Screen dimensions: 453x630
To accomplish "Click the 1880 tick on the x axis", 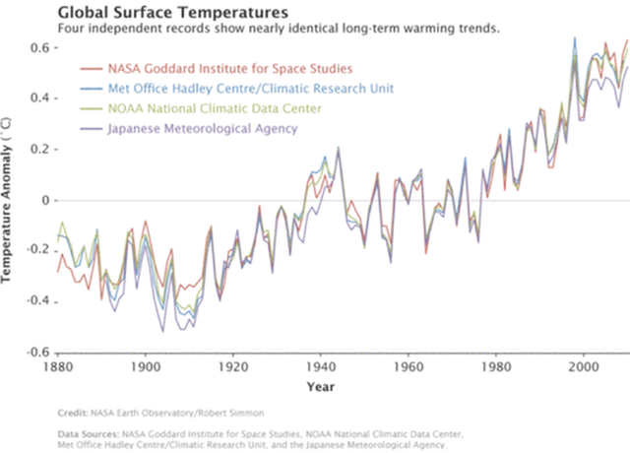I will pyautogui.click(x=58, y=364).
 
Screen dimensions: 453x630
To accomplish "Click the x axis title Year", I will pyautogui.click(x=320, y=385).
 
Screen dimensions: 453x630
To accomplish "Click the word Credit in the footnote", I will pyautogui.click(x=72, y=413).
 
